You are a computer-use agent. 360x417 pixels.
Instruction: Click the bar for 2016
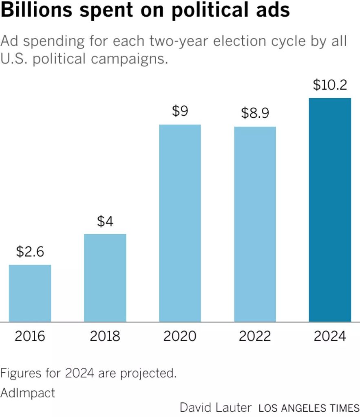point(30,293)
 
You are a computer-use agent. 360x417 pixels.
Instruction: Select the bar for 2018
point(105,278)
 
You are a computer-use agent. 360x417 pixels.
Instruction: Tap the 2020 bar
point(180,223)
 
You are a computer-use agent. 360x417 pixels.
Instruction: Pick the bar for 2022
point(255,224)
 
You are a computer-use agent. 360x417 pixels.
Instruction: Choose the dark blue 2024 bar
point(330,210)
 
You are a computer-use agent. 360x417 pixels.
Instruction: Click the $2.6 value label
point(30,252)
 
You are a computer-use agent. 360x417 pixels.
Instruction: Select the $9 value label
point(180,111)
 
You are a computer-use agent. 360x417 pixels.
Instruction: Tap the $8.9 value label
point(255,113)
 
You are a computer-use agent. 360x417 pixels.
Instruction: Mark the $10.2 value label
point(330,85)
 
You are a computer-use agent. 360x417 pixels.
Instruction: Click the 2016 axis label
point(30,336)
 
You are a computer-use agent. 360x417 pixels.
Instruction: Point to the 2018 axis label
point(105,336)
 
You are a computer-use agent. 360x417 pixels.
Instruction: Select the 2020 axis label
point(180,336)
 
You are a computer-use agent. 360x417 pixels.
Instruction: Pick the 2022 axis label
point(255,336)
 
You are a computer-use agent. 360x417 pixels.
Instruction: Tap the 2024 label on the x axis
point(330,336)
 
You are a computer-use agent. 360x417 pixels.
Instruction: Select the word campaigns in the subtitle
point(129,59)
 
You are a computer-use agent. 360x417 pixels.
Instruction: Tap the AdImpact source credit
point(28,393)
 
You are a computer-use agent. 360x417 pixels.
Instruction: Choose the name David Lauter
point(216,408)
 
